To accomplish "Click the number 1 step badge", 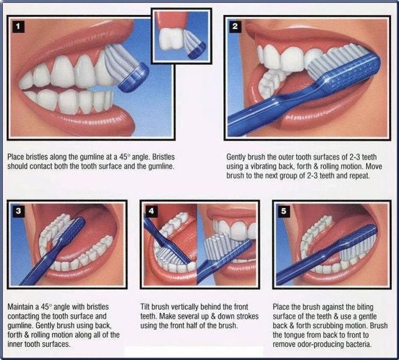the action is [18, 27].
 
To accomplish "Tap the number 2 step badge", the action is [235, 26].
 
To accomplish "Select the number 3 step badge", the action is [18, 211].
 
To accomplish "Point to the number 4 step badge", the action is [151, 211].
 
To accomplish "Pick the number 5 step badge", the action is [284, 211].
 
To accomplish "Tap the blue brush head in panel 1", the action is [134, 78].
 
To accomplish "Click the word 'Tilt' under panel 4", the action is [145, 307].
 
